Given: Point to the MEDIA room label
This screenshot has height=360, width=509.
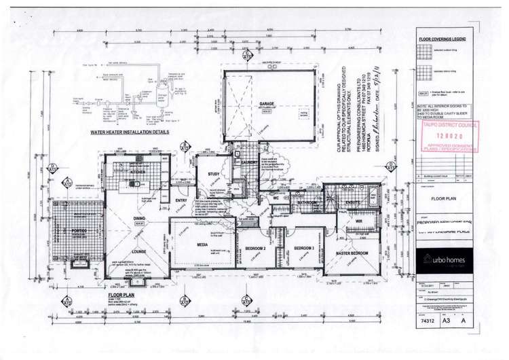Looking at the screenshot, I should pyautogui.click(x=202, y=244).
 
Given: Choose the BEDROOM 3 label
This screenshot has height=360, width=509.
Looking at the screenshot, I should pyautogui.click(x=303, y=248).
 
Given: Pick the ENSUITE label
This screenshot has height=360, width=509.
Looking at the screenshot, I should pyautogui.click(x=353, y=202).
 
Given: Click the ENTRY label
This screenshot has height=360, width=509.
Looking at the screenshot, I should pyautogui.click(x=181, y=201).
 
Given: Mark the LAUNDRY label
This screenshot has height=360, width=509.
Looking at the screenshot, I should pyautogui.click(x=244, y=163).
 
